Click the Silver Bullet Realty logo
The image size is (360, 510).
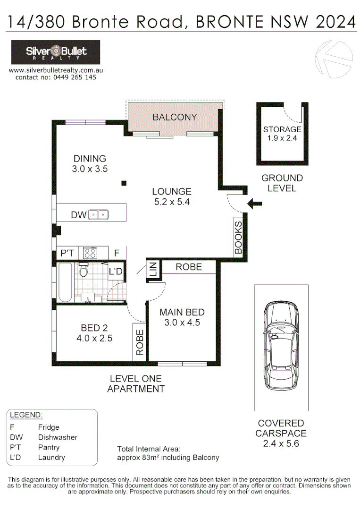tap(56, 52)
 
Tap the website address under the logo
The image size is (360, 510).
tap(56, 70)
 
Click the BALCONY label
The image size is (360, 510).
tap(175, 117)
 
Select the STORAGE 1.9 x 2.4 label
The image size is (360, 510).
tap(282, 134)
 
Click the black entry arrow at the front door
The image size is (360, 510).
tap(255, 204)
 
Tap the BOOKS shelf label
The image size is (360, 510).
tap(238, 238)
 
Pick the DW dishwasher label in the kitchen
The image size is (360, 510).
tap(78, 215)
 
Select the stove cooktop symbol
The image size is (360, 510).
tap(90, 253)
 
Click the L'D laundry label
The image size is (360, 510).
tap(116, 272)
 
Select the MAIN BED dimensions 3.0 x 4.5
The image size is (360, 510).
tap(182, 323)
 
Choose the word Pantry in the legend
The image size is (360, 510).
tap(49, 447)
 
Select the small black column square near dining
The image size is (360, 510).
tap(124, 183)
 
